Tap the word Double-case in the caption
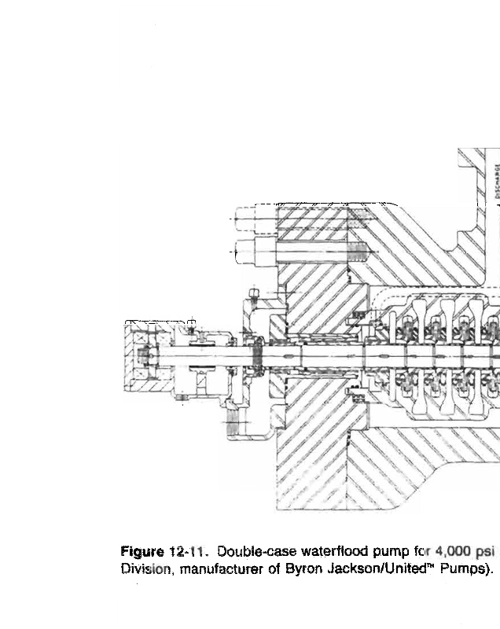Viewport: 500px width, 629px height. tap(244, 550)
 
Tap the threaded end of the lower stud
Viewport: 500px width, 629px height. tap(358, 252)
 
